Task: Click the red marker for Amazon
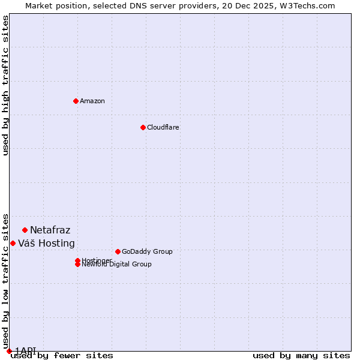[76, 101]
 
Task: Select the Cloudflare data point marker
[143, 127]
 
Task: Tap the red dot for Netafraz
[25, 230]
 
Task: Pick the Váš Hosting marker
[13, 243]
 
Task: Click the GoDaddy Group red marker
[118, 251]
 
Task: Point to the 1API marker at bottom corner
[9, 351]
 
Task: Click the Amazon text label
[92, 101]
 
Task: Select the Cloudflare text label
[163, 127]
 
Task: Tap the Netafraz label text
[50, 230]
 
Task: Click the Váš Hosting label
[47, 243]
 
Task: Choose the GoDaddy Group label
[147, 251]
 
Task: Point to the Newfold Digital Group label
[117, 265]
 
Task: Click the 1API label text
[26, 350]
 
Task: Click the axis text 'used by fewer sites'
[62, 355]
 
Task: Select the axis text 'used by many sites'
[301, 355]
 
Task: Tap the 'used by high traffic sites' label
[5, 85]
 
